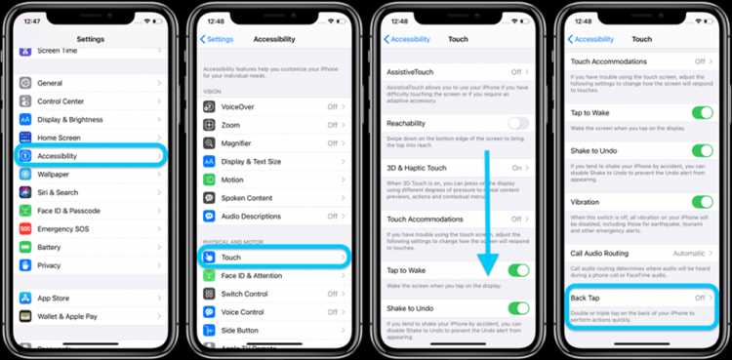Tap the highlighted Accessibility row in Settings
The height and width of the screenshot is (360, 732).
click(90, 156)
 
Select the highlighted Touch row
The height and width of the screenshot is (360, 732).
click(272, 258)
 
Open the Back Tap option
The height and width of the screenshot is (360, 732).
click(639, 297)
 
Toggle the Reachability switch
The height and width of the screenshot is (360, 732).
click(518, 123)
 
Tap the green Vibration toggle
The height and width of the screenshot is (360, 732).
click(702, 203)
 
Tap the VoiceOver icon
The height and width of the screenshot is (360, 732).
click(209, 107)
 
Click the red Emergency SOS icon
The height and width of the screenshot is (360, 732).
click(25, 228)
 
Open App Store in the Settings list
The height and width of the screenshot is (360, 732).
click(54, 299)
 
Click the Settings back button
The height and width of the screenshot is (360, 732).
click(217, 39)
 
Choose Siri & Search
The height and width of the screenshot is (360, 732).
click(59, 192)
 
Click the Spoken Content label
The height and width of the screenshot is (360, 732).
click(247, 197)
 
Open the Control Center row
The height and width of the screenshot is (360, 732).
click(61, 101)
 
